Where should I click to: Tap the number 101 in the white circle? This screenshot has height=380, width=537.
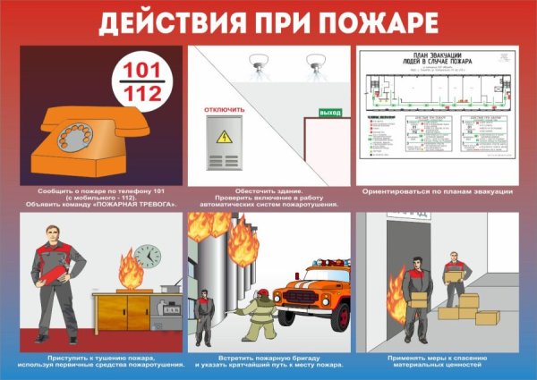(138, 70)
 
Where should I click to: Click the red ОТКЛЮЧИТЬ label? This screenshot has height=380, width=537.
(226, 110)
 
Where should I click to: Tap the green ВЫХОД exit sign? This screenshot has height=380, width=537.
(330, 111)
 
